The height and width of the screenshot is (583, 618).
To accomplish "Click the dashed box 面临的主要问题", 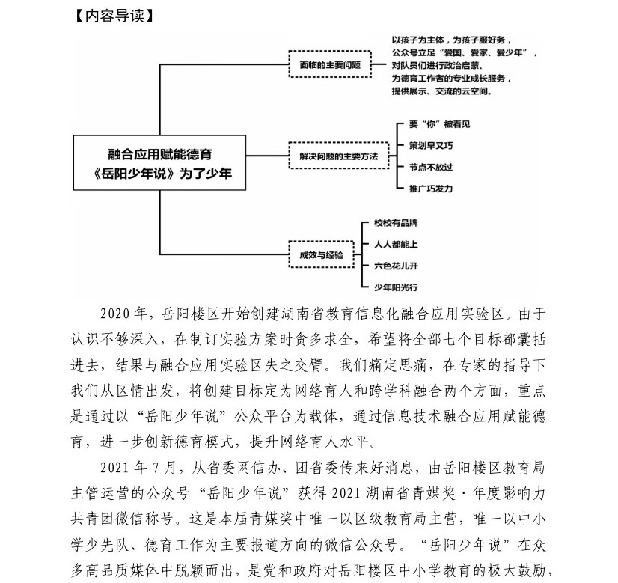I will (x=330, y=64).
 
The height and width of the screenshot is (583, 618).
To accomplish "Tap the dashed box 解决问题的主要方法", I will (x=340, y=156).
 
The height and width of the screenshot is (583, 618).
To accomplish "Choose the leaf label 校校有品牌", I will (x=395, y=223).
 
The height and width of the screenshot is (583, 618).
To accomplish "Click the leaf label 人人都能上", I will (x=395, y=244).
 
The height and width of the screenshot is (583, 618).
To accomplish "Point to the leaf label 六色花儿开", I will (x=395, y=265).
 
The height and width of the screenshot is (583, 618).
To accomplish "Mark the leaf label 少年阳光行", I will (x=395, y=287).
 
